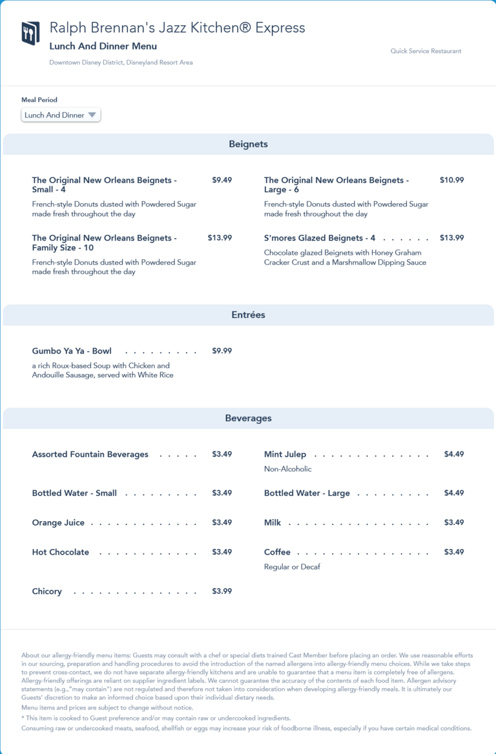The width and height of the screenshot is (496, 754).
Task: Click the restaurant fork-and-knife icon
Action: coord(30,34)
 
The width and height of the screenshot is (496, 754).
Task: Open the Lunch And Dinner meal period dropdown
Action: coord(61,115)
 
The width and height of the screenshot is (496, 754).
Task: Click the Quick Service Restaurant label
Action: coord(426,51)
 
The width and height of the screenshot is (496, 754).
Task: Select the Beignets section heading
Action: coord(248,144)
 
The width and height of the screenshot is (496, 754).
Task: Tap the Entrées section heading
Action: coord(248,315)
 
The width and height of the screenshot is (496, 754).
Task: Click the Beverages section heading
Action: coord(248,419)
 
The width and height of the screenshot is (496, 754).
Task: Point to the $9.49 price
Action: coord(222,181)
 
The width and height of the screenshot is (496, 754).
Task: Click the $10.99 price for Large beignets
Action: coord(451,181)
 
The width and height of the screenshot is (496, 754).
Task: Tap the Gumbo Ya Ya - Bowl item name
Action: coord(72,352)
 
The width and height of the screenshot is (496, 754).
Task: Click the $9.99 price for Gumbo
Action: coord(222,352)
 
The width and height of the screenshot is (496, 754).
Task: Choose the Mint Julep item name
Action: coord(285,455)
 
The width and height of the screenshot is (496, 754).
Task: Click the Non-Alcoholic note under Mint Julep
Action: coord(287,469)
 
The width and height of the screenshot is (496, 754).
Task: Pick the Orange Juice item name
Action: coord(58,523)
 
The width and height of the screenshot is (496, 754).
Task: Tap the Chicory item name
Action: coord(47,591)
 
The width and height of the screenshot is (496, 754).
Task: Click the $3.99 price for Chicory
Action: coord(222,591)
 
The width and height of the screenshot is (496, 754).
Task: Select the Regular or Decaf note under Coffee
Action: coord(292,567)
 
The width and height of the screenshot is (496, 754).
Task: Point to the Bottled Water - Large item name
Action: coord(307,493)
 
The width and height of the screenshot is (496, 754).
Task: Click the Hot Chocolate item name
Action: coord(61,552)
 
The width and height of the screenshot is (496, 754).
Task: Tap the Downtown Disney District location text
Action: coord(121,63)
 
